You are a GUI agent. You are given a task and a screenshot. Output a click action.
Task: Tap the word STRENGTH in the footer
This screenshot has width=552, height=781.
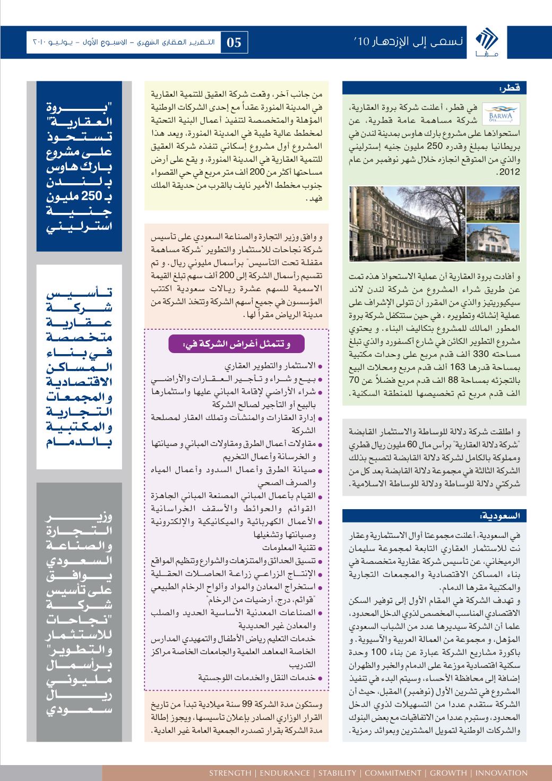[x=231, y=773]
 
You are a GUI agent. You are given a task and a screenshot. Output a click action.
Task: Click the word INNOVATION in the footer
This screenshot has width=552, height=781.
[x=502, y=773]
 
